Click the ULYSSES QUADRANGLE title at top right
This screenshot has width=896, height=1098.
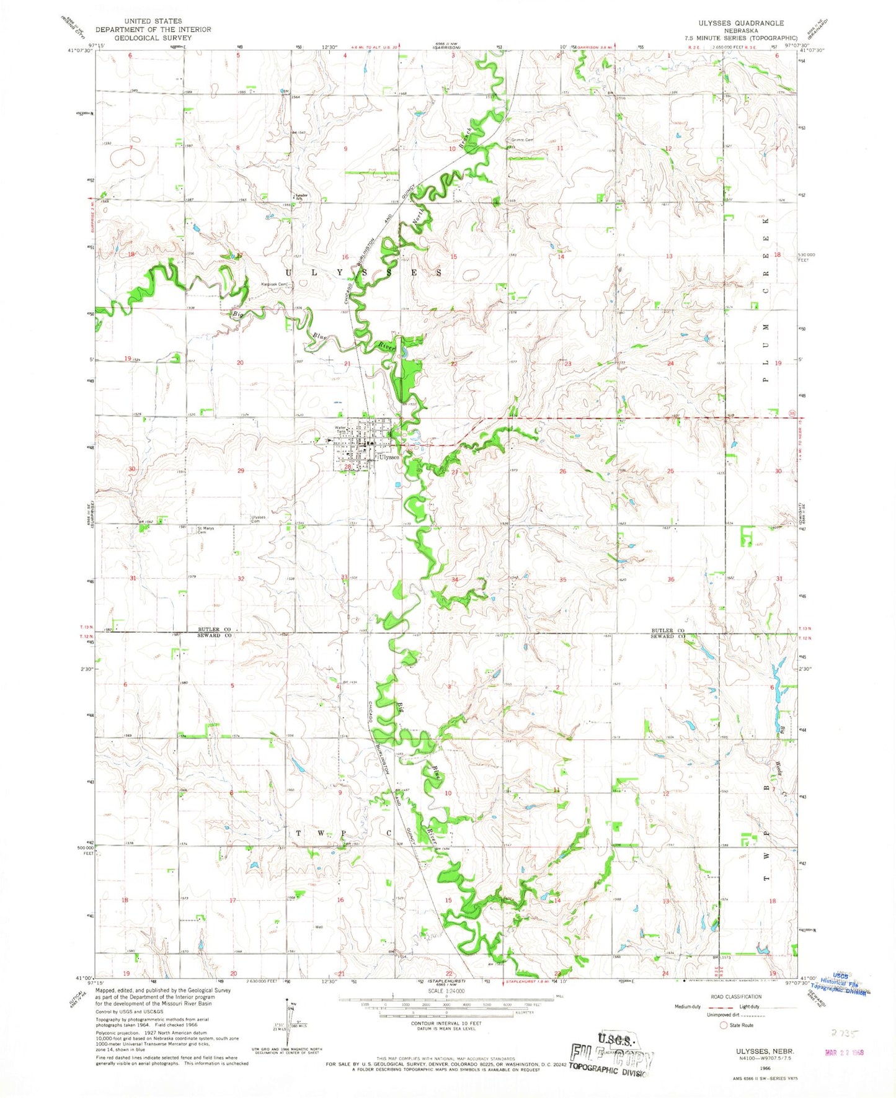pyautogui.click(x=732, y=23)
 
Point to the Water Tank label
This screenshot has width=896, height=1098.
pyautogui.click(x=340, y=429)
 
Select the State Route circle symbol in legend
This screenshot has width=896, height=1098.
pyautogui.click(x=723, y=1025)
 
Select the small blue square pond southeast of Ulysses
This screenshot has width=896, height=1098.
pyautogui.click(x=397, y=485)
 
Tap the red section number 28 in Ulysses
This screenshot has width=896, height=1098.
pyautogui.click(x=348, y=467)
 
